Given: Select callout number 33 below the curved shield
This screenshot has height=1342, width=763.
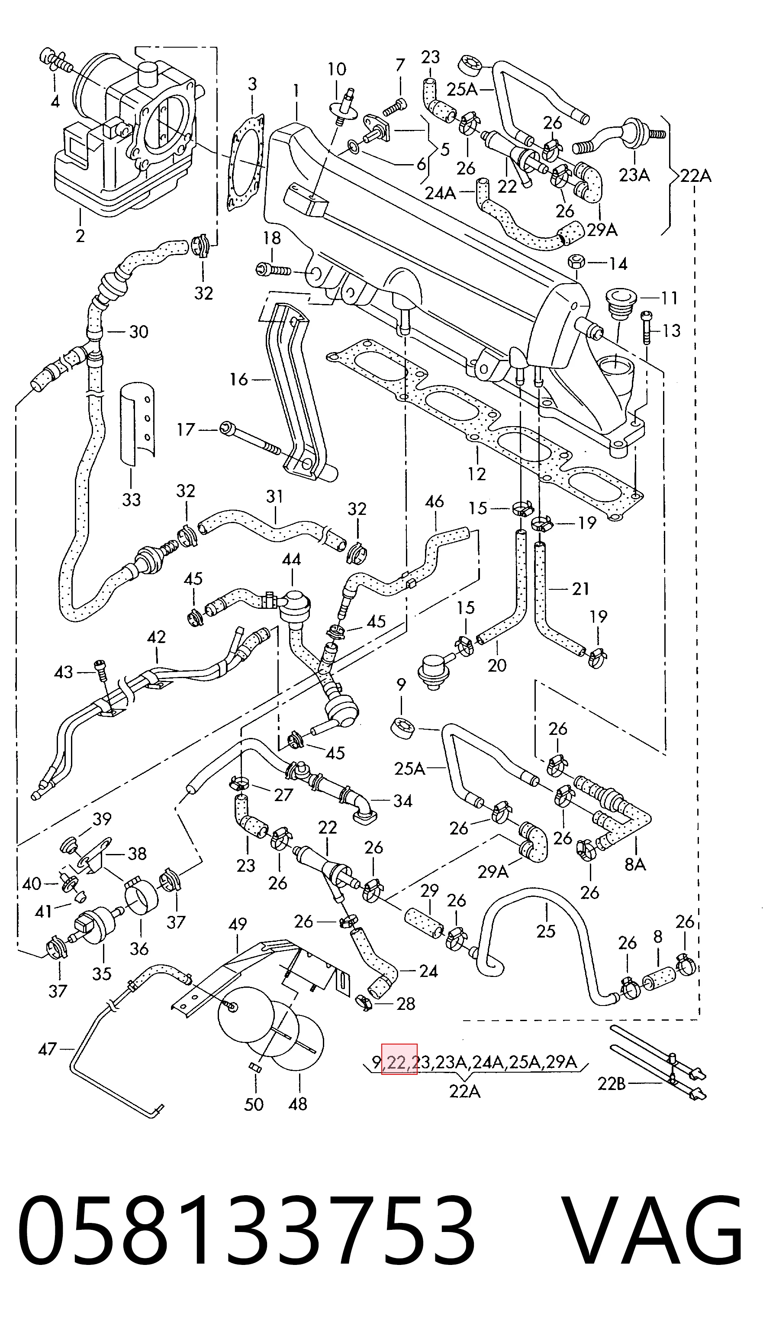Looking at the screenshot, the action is (131, 500).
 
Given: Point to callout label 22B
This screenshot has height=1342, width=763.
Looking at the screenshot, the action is (612, 1083).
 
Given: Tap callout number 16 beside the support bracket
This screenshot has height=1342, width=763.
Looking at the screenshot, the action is (238, 379).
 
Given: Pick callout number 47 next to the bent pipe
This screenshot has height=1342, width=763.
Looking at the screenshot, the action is (48, 1049).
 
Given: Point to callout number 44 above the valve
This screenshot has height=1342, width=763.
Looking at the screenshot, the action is (291, 559).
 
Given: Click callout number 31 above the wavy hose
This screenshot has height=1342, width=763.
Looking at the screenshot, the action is (274, 496).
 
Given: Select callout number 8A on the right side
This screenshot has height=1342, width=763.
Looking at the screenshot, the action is (635, 863).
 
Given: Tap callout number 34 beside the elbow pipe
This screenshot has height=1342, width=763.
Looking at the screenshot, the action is (402, 801).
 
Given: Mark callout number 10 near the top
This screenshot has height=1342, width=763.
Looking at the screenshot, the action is (337, 69).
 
